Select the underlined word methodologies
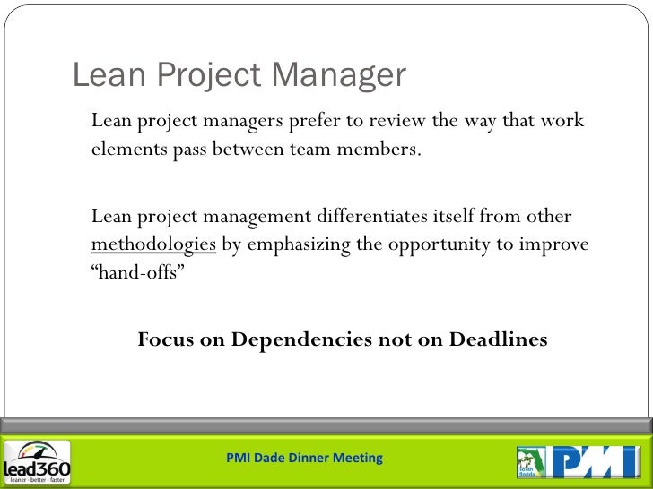tap(154, 244)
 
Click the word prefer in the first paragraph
tap(314, 121)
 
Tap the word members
tap(379, 149)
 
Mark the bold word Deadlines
tap(498, 339)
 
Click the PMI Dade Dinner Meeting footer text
tap(304, 458)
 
